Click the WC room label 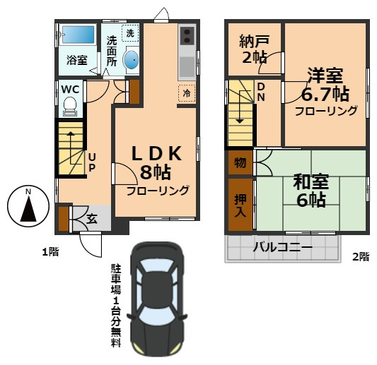tap(69, 89)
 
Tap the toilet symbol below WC tap(69, 107)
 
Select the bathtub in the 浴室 tap(78, 35)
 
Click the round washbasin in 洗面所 tap(132, 61)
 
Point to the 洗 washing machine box tap(130, 32)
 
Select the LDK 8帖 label tap(157, 162)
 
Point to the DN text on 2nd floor tap(261, 92)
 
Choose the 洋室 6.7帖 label tap(326, 83)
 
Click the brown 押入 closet tap(240, 205)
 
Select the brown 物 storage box tap(240, 164)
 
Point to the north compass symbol tap(27, 206)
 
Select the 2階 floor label tap(360, 258)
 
